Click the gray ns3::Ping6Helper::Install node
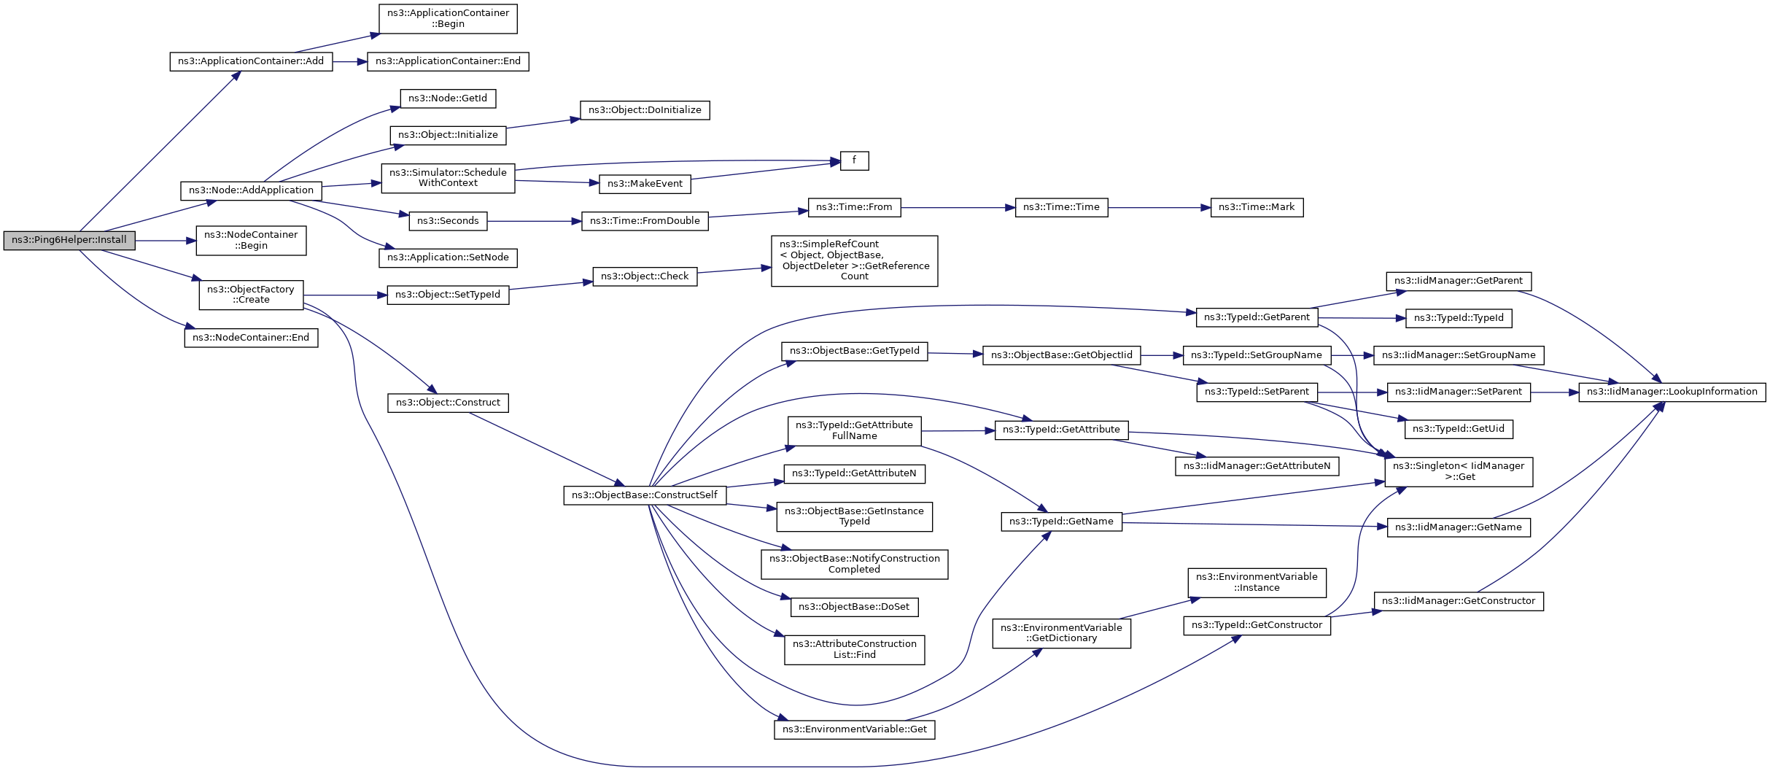pyautogui.click(x=69, y=240)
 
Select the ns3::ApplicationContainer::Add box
pyautogui.click(x=251, y=61)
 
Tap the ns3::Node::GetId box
pyautogui.click(x=448, y=98)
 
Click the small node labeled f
pyautogui.click(x=854, y=160)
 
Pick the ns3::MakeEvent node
pyautogui.click(x=645, y=184)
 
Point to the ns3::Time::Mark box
pyautogui.click(x=1257, y=207)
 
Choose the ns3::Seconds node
pyautogui.click(x=448, y=221)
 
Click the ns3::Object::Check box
pyautogui.click(x=645, y=276)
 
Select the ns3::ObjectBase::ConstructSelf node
pyautogui.click(x=645, y=495)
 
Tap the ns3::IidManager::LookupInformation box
pyautogui.click(x=1672, y=392)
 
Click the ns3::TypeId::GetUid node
pyautogui.click(x=1459, y=429)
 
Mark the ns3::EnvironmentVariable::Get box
pyautogui.click(x=855, y=729)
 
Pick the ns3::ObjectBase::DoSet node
pyautogui.click(x=854, y=607)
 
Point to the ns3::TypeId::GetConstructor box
pyautogui.click(x=1257, y=625)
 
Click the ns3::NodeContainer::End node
pyautogui.click(x=251, y=338)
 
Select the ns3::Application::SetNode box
pyautogui.click(x=448, y=257)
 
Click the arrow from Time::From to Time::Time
pyautogui.click(x=958, y=208)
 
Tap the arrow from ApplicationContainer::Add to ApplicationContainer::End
pyautogui.click(x=350, y=62)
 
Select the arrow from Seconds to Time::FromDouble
pyautogui.click(x=534, y=221)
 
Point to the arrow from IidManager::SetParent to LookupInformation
pyautogui.click(x=1555, y=392)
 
